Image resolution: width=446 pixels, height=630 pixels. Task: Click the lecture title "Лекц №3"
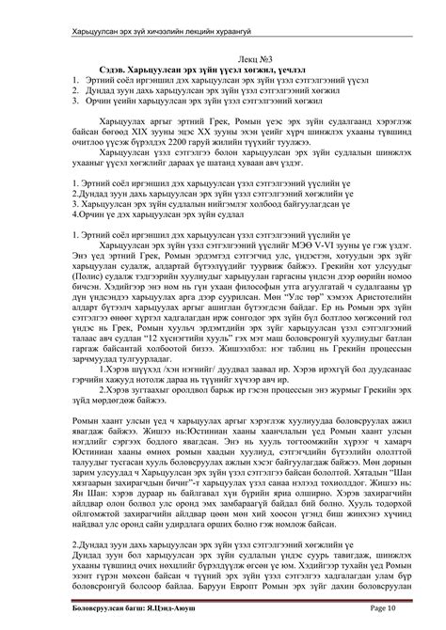pyautogui.click(x=223, y=58)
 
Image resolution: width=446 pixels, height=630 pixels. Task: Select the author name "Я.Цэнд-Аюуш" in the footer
pyautogui.click(x=188, y=617)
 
